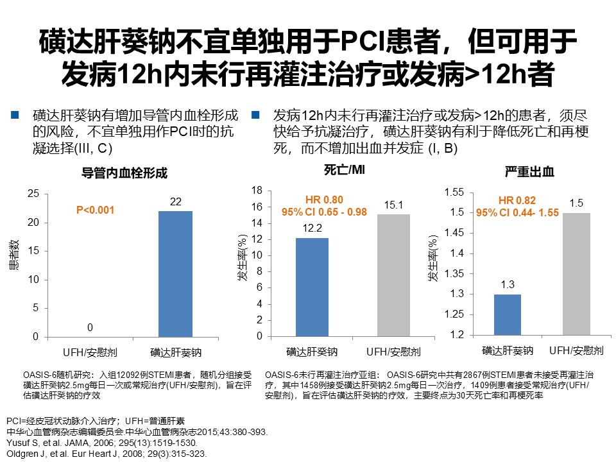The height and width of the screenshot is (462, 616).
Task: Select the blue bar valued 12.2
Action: pos(312,287)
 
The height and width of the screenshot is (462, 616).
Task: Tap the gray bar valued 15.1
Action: pos(393,275)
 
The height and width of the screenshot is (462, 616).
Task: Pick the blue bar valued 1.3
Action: pos(508,314)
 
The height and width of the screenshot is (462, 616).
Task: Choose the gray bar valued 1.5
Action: pos(576,273)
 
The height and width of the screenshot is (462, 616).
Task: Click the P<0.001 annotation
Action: pos(95,210)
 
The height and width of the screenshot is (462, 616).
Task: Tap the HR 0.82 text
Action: pos(517,200)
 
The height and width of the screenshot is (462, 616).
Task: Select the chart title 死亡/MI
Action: pos(345,170)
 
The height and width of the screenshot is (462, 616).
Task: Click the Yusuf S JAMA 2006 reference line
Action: pos(106,443)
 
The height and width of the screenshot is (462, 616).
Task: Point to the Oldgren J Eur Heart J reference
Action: pos(106,453)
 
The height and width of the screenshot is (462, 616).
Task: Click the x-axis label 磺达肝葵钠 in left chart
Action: pos(176,352)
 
